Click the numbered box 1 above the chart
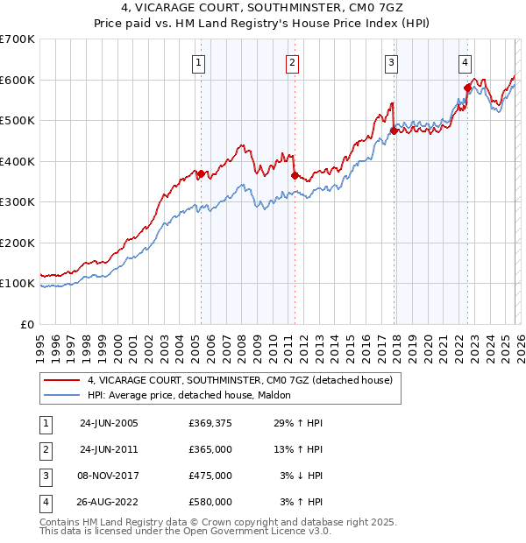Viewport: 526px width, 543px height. [200, 62]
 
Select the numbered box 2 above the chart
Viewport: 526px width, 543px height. [292, 62]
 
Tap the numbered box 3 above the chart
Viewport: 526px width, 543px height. [390, 62]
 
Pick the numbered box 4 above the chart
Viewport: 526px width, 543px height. [465, 62]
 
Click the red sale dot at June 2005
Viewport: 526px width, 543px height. [201, 173]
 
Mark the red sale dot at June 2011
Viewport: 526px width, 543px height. [294, 175]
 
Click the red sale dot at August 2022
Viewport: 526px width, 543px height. [467, 88]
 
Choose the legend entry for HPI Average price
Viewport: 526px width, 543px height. [193, 395]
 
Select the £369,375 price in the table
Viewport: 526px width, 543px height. [210, 423]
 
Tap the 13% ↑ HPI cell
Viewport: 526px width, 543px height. [299, 449]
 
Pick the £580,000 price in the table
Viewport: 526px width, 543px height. [210, 502]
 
